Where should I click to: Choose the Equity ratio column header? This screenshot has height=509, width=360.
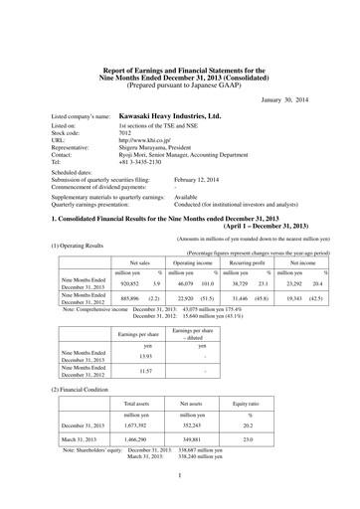(263, 405)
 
